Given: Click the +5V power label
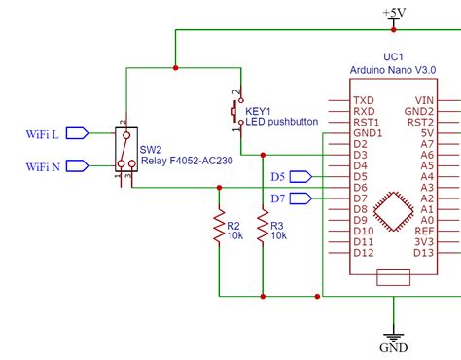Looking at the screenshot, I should tap(395, 12).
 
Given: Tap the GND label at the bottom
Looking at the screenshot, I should tap(394, 347).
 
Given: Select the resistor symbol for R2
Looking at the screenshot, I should tap(220, 229).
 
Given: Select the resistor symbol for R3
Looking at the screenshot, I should tap(262, 229).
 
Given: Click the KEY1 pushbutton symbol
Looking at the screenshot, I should tap(233, 114).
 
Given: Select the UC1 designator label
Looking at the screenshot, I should tap(394, 57).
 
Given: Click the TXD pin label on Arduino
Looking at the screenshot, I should tap(363, 100).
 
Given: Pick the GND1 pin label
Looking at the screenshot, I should tap(366, 132).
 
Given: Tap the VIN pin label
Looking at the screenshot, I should tap(424, 100).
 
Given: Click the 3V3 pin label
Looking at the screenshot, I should tap(424, 242).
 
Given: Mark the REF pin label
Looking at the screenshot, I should tap(424, 232).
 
